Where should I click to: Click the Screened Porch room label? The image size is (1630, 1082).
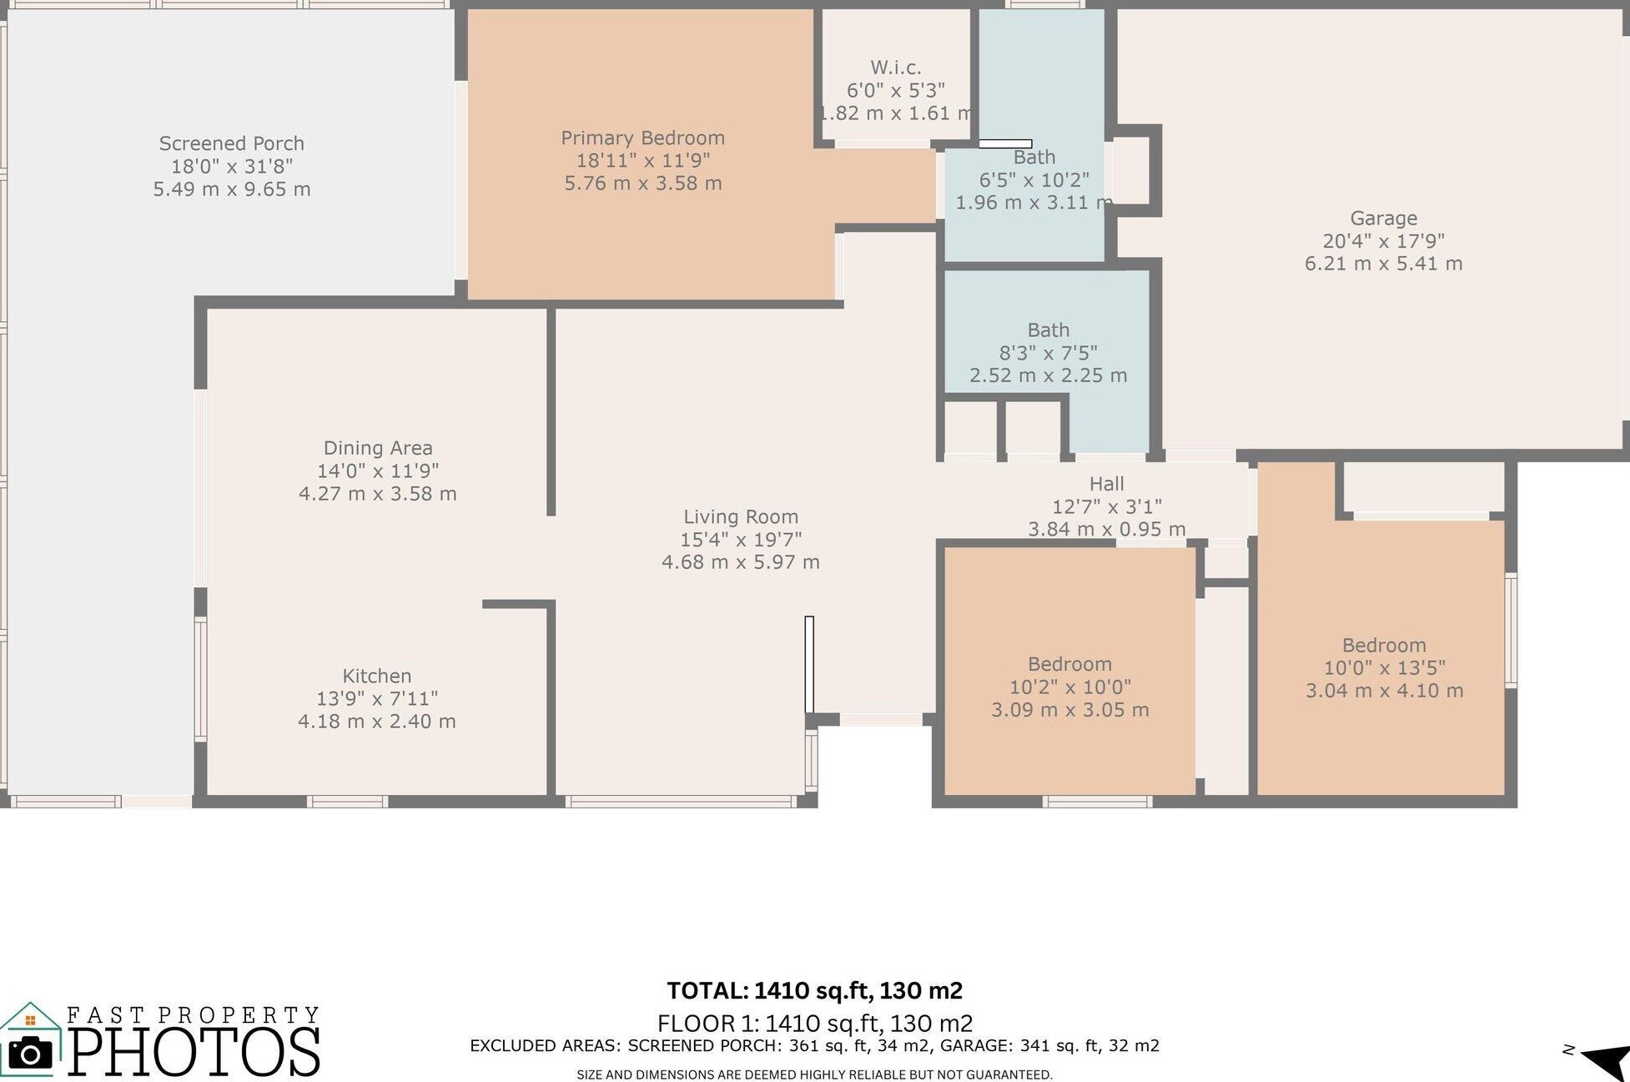[232, 143]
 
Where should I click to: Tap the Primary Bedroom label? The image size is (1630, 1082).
[642, 138]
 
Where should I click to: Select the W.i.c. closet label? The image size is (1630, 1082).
[896, 68]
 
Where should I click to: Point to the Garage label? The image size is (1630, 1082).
[1384, 219]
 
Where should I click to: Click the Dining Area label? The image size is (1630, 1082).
[378, 449]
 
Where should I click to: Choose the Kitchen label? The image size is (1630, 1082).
[377, 676]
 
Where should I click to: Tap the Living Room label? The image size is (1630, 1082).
[741, 517]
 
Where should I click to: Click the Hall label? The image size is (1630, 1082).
[1107, 484]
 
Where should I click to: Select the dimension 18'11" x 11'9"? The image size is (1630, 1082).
[643, 160]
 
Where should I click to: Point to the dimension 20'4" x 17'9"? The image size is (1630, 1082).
[1384, 241]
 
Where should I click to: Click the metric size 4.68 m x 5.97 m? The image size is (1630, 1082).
[741, 562]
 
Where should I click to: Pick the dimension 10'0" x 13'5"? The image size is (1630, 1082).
[1385, 668]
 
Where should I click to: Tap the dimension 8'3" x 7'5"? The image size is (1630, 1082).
[1049, 353]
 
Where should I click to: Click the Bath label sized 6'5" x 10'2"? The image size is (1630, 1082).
[1034, 158]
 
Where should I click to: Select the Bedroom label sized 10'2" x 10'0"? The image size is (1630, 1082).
[1069, 665]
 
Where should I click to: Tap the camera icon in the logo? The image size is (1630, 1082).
[30, 1054]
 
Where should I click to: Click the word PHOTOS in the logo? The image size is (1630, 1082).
[194, 1051]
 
